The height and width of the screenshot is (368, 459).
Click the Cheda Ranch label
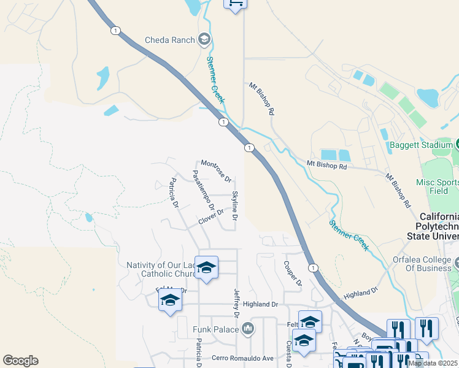click(169, 40)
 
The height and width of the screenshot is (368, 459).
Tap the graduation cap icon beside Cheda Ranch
click(204, 40)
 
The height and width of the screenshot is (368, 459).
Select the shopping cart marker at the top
click(235, 3)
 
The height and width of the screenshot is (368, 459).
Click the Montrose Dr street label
click(216, 171)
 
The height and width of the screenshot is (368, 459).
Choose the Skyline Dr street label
click(234, 206)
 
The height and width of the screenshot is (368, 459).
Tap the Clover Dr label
click(211, 217)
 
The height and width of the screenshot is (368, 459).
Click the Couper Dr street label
click(293, 274)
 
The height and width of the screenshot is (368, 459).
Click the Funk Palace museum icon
click(248, 329)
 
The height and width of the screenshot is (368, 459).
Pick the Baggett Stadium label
click(422, 147)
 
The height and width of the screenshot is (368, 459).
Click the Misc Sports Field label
click(437, 186)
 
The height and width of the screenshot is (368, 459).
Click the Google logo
click(20, 361)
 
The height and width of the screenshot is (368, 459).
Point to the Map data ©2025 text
click(432, 363)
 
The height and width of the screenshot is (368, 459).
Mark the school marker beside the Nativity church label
click(206, 268)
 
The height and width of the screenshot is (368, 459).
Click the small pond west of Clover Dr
click(90, 217)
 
